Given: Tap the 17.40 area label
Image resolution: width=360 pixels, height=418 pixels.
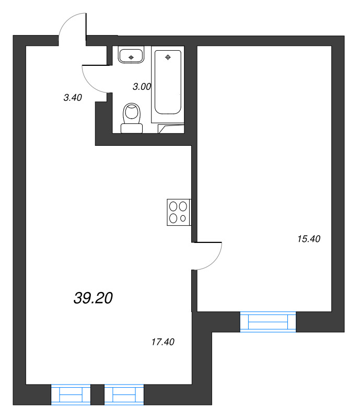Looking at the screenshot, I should [x=162, y=342].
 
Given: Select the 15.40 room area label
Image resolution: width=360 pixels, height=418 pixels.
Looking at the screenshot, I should [x=308, y=239].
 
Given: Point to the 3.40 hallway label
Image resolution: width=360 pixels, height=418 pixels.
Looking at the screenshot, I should [x=73, y=97].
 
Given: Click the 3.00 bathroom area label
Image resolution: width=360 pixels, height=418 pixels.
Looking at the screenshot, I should [x=142, y=87].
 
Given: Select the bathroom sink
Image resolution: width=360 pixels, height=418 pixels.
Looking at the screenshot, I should [x=131, y=54].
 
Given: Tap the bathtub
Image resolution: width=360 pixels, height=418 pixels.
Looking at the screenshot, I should [x=167, y=82].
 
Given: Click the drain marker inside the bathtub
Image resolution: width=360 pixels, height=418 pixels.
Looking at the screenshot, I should [x=168, y=57].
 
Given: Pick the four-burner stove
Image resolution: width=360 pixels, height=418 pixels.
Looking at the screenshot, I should [x=178, y=212].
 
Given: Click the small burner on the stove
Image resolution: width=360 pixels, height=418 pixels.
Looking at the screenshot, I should [x=183, y=218].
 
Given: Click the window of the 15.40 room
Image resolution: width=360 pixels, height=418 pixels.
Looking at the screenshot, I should [x=268, y=321].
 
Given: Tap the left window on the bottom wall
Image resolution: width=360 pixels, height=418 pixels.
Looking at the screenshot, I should [x=71, y=394].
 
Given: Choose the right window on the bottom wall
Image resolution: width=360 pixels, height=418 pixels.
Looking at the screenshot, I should [x=124, y=394].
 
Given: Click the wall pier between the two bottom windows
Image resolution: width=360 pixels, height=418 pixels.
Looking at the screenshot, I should [x=97, y=394].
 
